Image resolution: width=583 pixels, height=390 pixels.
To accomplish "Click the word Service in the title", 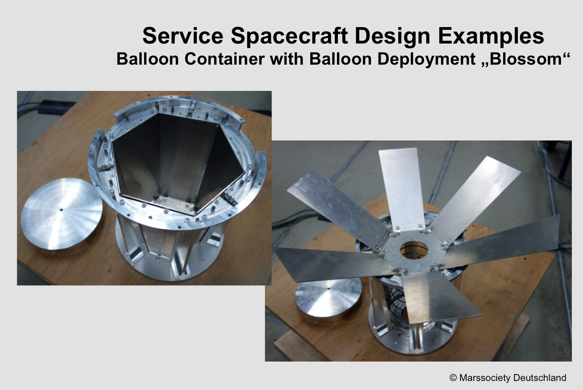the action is point(183,36).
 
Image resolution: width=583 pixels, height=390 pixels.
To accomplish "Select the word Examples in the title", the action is point(491,36).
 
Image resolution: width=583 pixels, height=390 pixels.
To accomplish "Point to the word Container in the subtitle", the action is point(224,59).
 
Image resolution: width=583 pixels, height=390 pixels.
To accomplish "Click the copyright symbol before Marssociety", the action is point(453,378).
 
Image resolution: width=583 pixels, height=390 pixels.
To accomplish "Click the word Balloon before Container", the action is point(148,59).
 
